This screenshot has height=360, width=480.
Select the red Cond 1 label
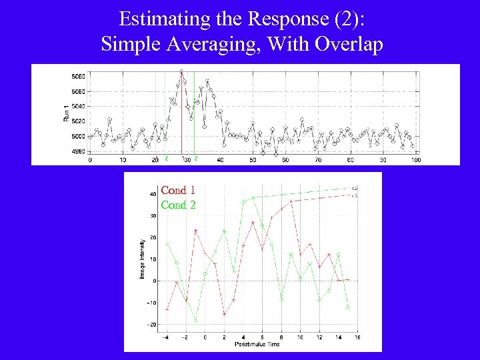pos(178,190)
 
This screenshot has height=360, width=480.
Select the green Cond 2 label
pos(178,205)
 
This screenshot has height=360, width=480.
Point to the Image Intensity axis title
pos(143,259)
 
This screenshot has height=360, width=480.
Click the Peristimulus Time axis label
pos(257,344)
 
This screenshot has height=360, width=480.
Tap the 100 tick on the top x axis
pos(415,160)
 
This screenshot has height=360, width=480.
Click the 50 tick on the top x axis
pos(253,160)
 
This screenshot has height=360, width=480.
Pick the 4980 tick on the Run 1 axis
pos(78,151)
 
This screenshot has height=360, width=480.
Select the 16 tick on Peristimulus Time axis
pos(357,337)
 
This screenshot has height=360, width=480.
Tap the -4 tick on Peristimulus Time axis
pos(167,337)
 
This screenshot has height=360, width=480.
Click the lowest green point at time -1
pos(195,320)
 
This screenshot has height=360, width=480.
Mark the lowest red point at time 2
pos(225,313)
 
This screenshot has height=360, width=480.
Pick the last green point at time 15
pos(348,307)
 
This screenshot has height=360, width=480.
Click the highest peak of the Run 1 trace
pos(181,71)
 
